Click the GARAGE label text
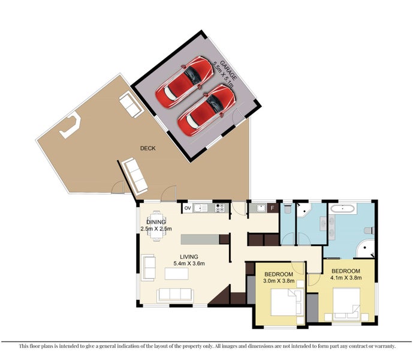[228, 70]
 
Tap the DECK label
[148, 148]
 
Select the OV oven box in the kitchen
[188, 208]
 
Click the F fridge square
[273, 208]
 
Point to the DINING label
[156, 222]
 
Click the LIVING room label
[189, 257]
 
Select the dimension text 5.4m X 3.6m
[189, 263]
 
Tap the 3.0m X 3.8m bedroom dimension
[279, 281]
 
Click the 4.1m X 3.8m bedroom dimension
[346, 277]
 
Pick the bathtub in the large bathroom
[342, 209]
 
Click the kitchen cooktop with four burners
[220, 208]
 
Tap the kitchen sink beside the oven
[200, 208]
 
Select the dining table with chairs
[156, 226]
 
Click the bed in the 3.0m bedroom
[286, 302]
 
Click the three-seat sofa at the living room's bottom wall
[175, 295]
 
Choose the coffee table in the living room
[176, 274]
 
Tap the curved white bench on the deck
[70, 125]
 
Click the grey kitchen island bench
[200, 239]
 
